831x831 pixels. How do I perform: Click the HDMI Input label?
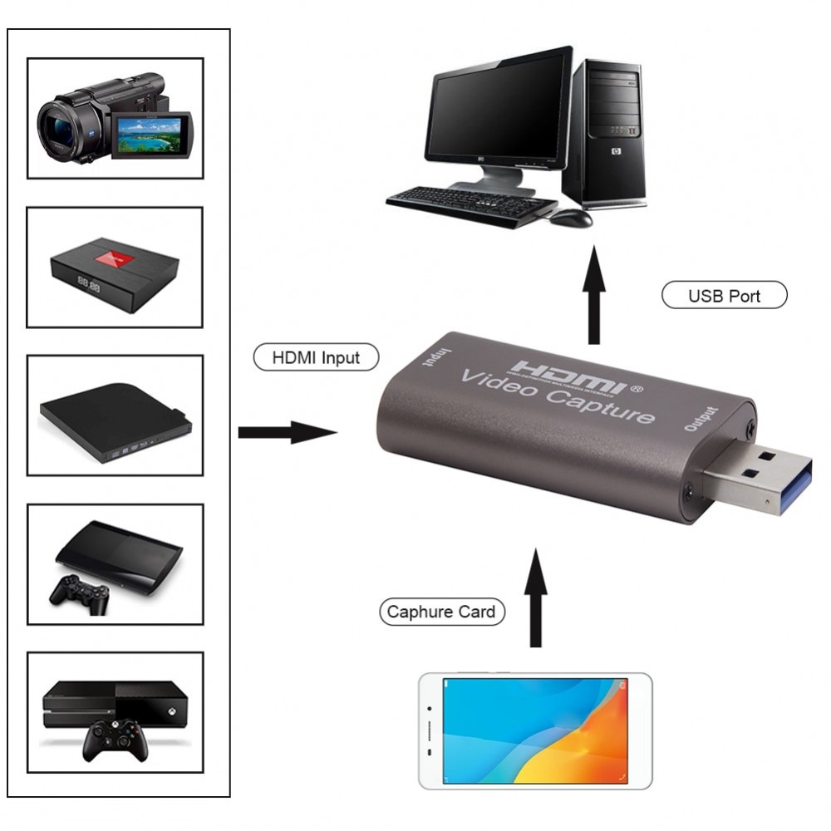click(x=317, y=357)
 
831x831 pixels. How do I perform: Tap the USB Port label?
click(x=725, y=295)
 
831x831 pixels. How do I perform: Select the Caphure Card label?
click(x=442, y=612)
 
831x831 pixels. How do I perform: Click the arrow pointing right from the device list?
click(x=288, y=432)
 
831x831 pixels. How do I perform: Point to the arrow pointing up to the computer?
click(x=593, y=295)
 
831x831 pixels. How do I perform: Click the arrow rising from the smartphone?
click(x=536, y=597)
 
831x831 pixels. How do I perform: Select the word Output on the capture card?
click(x=701, y=419)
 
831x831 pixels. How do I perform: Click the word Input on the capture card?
click(x=436, y=357)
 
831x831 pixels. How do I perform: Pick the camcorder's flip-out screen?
click(x=152, y=135)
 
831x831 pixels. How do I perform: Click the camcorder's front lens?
click(x=55, y=130)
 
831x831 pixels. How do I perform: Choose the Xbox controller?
click(x=116, y=740)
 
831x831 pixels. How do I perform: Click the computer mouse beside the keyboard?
click(x=571, y=218)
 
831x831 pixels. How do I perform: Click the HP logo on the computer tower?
click(x=616, y=151)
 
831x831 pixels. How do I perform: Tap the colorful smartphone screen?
click(x=535, y=730)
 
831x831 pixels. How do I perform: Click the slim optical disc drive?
click(x=116, y=423)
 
